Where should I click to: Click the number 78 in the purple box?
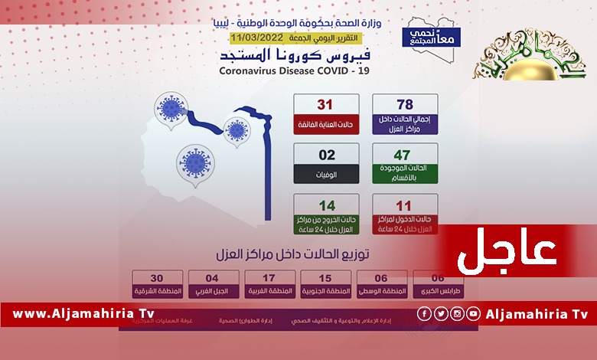[x=405, y=105]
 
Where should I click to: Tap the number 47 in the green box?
[x=405, y=155]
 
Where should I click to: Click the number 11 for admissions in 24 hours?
[x=405, y=205]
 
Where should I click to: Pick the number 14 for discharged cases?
[x=327, y=205]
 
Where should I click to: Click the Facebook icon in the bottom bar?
[x=423, y=313]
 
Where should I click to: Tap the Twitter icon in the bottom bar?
[x=440, y=313]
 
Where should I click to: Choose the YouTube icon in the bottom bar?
[x=474, y=313]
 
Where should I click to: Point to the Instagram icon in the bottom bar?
[x=457, y=313]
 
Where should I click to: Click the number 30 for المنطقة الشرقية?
[x=157, y=279]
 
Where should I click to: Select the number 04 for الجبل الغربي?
[x=214, y=279]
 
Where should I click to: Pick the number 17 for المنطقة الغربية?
[x=269, y=279]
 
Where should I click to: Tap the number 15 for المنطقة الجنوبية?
[x=325, y=279]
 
